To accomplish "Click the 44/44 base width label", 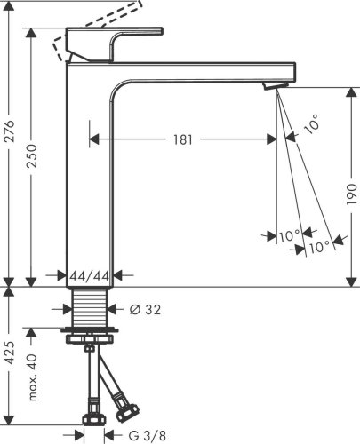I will click(89, 277).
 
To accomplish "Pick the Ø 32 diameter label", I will click(146, 309).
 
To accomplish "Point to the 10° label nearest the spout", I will click(311, 126).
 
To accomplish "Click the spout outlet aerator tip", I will click(274, 84).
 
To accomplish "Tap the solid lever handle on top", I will click(116, 41).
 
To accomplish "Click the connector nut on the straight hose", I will click(91, 417).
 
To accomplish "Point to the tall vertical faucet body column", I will click(89, 178).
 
